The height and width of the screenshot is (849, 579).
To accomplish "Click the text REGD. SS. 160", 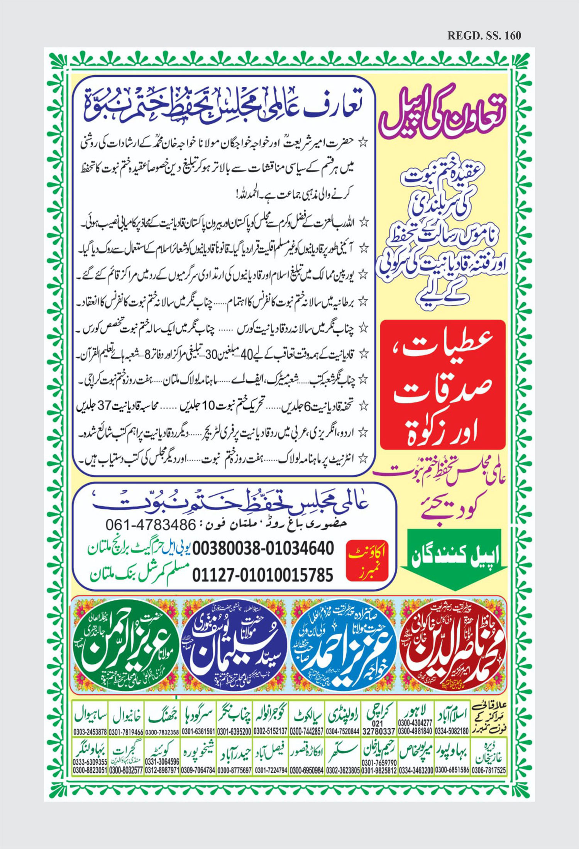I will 484,36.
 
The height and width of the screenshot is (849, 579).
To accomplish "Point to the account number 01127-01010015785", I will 263,575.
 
